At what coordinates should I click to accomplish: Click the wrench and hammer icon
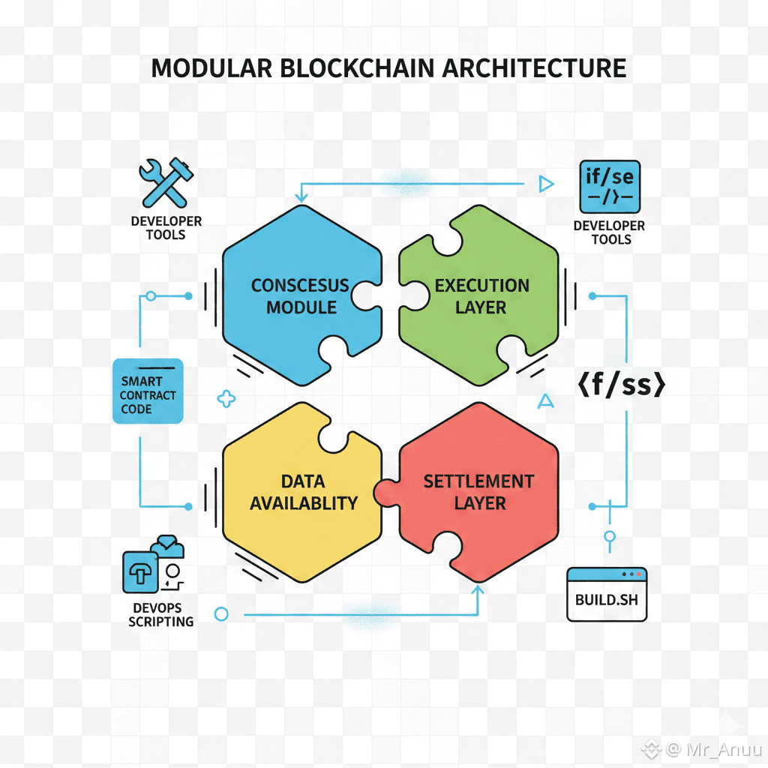tap(166, 182)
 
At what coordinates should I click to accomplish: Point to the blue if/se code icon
tap(610, 186)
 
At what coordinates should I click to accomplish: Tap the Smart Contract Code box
tap(148, 391)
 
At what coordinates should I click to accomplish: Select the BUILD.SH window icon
tap(607, 594)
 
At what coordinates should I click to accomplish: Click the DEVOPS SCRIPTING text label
tap(160, 614)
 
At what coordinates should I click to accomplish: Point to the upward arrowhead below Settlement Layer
tap(478, 591)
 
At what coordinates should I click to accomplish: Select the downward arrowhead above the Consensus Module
tap(301, 196)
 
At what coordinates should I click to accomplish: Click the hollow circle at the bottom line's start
tap(220, 614)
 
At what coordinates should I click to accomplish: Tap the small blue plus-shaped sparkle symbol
tap(226, 399)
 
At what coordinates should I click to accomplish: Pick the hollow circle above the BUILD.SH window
tap(610, 536)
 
